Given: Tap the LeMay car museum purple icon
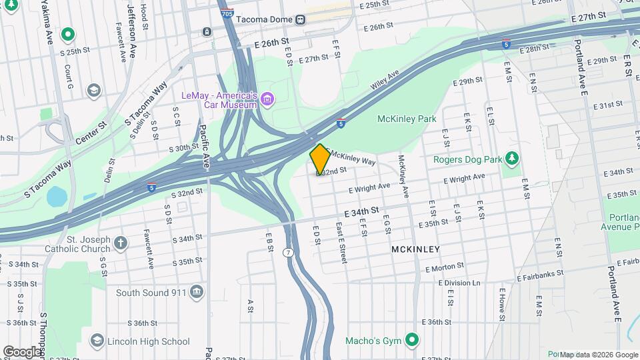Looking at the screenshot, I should pyautogui.click(x=267, y=100).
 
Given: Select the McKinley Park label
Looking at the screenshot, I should pyautogui.click(x=407, y=119).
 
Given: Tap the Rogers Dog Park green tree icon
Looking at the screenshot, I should pyautogui.click(x=512, y=159).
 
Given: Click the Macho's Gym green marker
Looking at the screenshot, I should pyautogui.click(x=412, y=341).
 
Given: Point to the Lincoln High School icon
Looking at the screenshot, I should pyautogui.click(x=97, y=341).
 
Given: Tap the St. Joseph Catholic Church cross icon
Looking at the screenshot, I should pyautogui.click(x=120, y=243).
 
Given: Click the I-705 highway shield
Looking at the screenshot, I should pyautogui.click(x=227, y=13).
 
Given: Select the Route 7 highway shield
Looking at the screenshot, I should pyautogui.click(x=288, y=253).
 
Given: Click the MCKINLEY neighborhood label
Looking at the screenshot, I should pyautogui.click(x=416, y=249).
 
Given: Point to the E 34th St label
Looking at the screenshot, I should pyautogui.click(x=361, y=211).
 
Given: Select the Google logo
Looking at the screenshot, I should pyautogui.click(x=23, y=351).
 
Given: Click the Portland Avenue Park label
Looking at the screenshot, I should pyautogui.click(x=624, y=222).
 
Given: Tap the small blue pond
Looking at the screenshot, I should pyautogui.click(x=57, y=196).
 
